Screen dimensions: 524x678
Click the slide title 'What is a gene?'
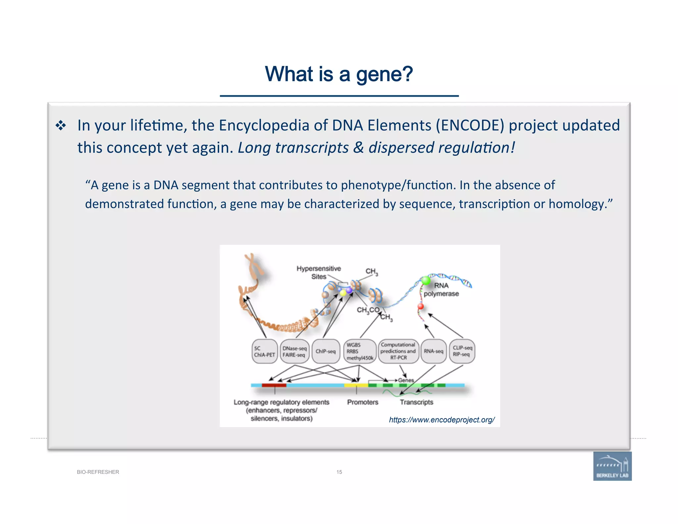(x=339, y=74)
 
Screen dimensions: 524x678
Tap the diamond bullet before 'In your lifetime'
(x=61, y=126)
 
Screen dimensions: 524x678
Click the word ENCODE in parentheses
(x=470, y=126)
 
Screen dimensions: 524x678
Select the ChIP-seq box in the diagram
(x=326, y=351)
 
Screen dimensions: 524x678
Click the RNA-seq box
(x=433, y=351)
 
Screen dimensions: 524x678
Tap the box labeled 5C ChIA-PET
(x=264, y=351)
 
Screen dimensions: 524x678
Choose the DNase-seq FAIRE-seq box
(x=294, y=351)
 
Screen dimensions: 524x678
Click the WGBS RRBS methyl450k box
(x=360, y=351)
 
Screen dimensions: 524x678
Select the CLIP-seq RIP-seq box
(x=462, y=351)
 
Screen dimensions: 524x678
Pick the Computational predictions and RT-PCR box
(x=398, y=351)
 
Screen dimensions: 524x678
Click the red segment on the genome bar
(x=274, y=385)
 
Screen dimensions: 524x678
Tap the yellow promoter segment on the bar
(x=356, y=385)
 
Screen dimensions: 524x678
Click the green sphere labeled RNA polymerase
(x=425, y=281)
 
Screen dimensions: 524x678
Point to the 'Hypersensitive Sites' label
(x=318, y=272)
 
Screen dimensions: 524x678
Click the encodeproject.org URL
(x=442, y=420)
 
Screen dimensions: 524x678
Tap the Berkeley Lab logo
(x=612, y=466)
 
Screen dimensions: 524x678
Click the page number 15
(x=339, y=472)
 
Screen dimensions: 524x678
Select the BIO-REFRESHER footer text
(x=98, y=472)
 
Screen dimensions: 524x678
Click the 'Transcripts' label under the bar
(x=416, y=402)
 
